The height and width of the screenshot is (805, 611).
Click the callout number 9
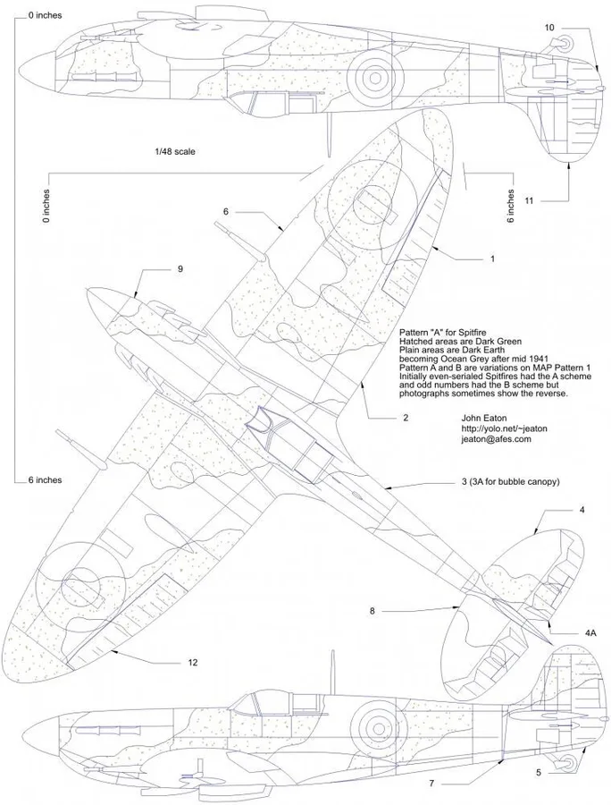180,268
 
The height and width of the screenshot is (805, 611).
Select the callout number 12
193,662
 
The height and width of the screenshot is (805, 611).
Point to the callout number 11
529,200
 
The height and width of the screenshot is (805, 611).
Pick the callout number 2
406,418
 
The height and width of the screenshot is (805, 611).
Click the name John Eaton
483,418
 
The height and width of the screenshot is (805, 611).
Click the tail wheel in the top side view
564,44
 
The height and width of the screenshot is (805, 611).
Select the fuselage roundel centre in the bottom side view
378,728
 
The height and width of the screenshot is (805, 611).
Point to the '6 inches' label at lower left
45,480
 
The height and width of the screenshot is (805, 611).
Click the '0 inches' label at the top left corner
45,15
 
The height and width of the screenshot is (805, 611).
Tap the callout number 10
549,28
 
